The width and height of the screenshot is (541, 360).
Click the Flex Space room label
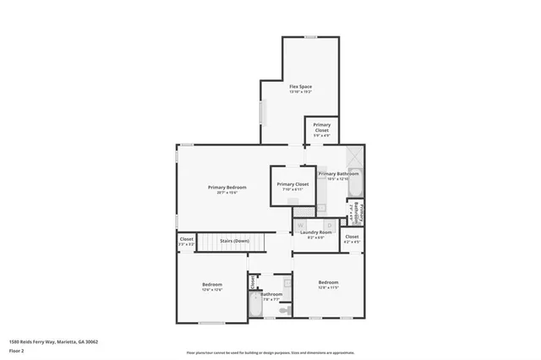(300, 87)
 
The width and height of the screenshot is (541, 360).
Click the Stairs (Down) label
(234, 241)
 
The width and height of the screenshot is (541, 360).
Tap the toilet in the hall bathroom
(284, 311)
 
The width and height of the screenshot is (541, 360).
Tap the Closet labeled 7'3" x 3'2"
(186, 241)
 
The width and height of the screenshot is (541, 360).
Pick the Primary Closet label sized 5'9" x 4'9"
(321, 128)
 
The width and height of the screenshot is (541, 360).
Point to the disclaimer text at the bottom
(270, 352)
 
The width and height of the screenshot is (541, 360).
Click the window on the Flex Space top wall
(310, 36)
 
